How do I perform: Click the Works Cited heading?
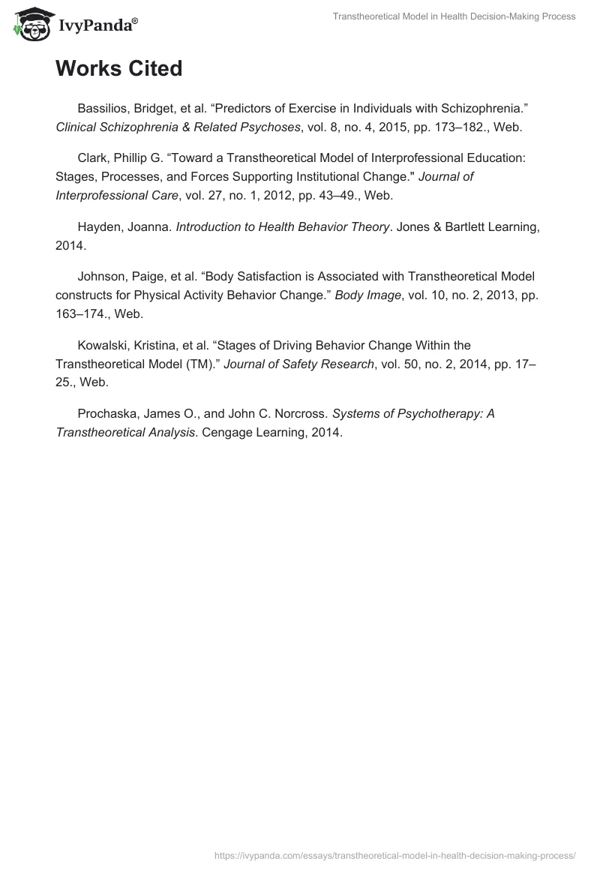pos(118,69)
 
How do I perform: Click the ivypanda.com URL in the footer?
pos(394,854)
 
